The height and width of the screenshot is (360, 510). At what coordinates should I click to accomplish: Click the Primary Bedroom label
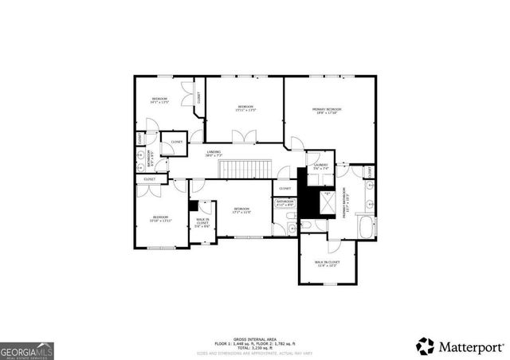point(327,110)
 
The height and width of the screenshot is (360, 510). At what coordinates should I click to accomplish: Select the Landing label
point(214,153)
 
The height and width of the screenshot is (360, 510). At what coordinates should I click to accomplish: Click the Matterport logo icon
point(426,346)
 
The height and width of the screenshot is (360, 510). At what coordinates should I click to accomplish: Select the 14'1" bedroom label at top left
point(160,100)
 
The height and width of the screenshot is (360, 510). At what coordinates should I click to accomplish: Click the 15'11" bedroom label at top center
point(245,108)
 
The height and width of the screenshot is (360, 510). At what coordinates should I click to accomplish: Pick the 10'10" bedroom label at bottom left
point(162,218)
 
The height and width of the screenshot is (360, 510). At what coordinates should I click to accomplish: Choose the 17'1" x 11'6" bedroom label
point(241,210)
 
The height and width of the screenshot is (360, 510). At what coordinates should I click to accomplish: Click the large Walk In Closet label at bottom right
point(327,263)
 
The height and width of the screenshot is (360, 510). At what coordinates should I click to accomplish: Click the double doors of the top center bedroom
point(249,137)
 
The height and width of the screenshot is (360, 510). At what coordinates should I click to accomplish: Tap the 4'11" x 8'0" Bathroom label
point(284,204)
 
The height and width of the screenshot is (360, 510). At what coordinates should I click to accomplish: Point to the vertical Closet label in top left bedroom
point(198,98)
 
